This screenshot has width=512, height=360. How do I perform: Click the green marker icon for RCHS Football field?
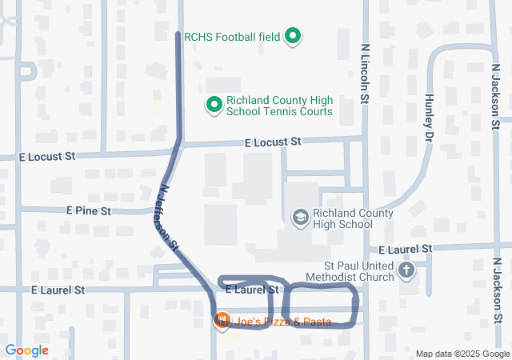(x=294, y=36)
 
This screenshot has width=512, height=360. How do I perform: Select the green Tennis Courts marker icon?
(x=214, y=106)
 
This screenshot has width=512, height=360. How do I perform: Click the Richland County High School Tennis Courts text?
(x=279, y=106)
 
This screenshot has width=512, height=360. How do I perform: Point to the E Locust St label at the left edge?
(x=46, y=156)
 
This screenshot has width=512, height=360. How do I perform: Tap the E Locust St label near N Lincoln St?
(x=273, y=142)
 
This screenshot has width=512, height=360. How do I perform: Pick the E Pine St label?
(x=89, y=210)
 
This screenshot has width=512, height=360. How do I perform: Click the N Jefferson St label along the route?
(x=169, y=220)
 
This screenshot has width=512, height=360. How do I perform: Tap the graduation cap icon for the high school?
(x=300, y=217)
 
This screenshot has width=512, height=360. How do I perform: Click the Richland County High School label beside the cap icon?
(x=353, y=218)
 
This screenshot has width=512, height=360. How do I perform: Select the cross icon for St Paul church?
(x=406, y=270)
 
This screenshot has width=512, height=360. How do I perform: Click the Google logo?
(x=26, y=350)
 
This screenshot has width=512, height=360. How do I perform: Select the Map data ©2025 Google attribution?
(x=462, y=354)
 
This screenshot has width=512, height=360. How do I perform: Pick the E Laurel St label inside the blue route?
(x=251, y=289)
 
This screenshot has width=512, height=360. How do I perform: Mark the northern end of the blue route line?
(x=177, y=34)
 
